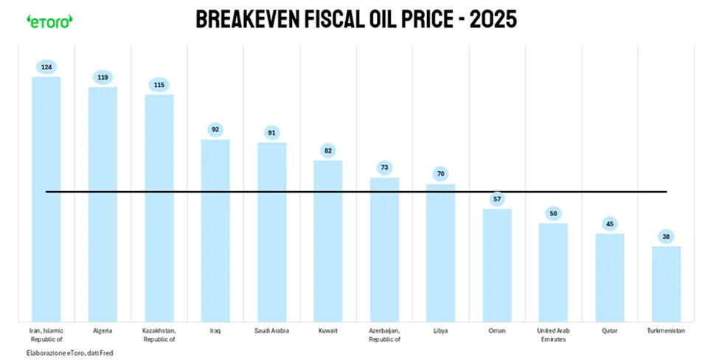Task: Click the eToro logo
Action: [49, 21]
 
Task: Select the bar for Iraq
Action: [215, 231]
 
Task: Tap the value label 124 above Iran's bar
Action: [46, 67]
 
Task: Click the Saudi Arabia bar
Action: [272, 232]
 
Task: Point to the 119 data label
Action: [103, 77]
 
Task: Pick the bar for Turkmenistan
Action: [666, 284]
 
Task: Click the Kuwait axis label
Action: [328, 330]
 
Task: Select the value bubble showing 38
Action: [666, 237]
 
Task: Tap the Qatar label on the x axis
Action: [610, 330]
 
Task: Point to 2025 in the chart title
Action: [493, 20]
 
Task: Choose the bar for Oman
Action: [497, 265]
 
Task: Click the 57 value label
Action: [497, 199]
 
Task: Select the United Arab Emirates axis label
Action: [554, 335]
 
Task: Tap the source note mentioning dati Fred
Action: [70, 353]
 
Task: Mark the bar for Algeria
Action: [103, 204]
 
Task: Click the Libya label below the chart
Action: [441, 330]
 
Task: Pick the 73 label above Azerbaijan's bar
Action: [385, 167]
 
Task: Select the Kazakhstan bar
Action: [159, 208]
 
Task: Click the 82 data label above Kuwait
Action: [328, 150]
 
